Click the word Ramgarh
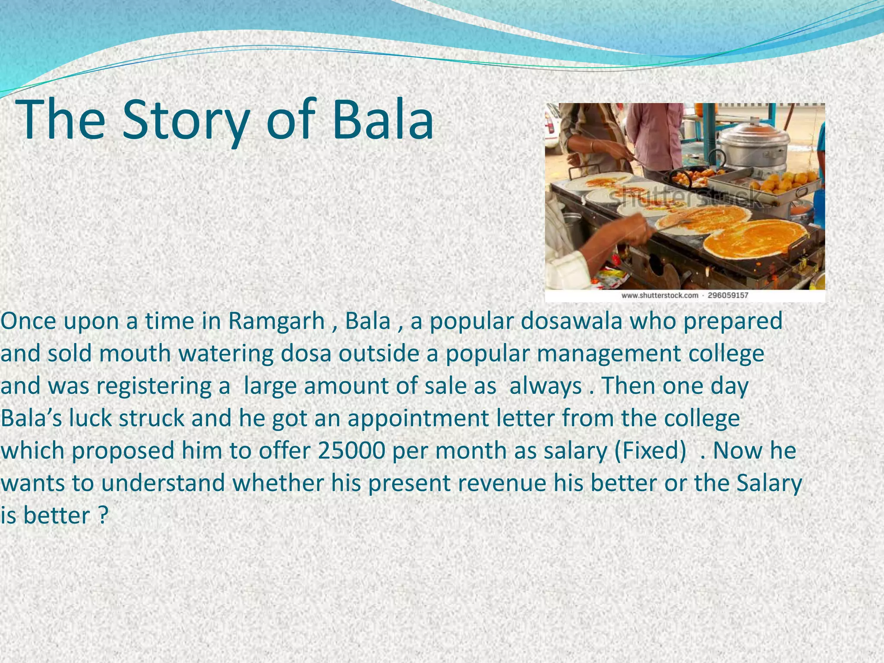tap(276, 321)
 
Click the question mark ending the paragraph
tap(102, 515)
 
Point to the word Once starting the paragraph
tap(28, 321)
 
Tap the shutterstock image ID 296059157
tap(728, 296)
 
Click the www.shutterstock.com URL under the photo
tap(660, 296)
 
